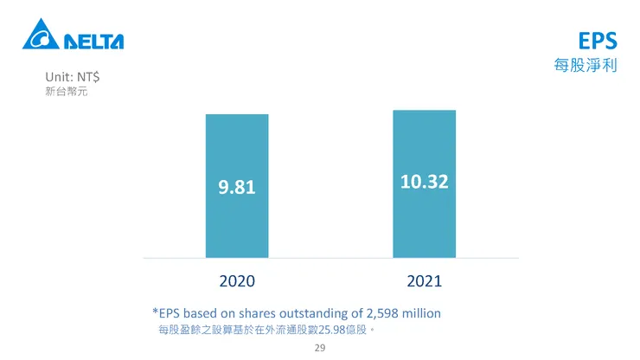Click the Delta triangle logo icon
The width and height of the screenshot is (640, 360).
(x=40, y=36)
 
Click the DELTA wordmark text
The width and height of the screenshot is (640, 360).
(x=93, y=41)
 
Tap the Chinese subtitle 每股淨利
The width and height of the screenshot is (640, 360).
(x=586, y=66)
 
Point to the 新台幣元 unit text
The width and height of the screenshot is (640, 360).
(x=66, y=91)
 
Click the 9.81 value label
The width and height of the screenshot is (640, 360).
(x=237, y=186)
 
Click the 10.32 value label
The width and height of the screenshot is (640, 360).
(x=424, y=182)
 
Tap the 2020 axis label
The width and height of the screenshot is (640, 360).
(x=237, y=280)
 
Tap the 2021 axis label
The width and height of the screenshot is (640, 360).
(x=424, y=280)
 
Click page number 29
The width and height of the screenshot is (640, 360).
(x=319, y=349)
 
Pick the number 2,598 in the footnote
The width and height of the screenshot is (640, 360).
(x=383, y=312)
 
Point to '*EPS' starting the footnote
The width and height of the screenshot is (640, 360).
(x=166, y=312)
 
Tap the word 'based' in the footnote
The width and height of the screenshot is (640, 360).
(x=202, y=312)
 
